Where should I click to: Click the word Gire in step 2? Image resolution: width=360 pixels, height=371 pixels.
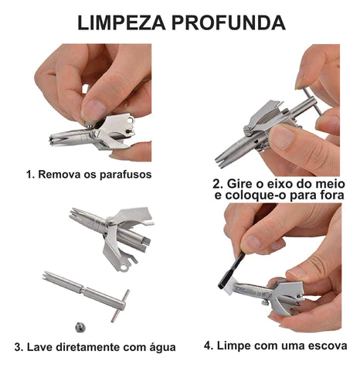point(241,184)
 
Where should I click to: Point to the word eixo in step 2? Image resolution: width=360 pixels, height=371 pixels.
point(279,184)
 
